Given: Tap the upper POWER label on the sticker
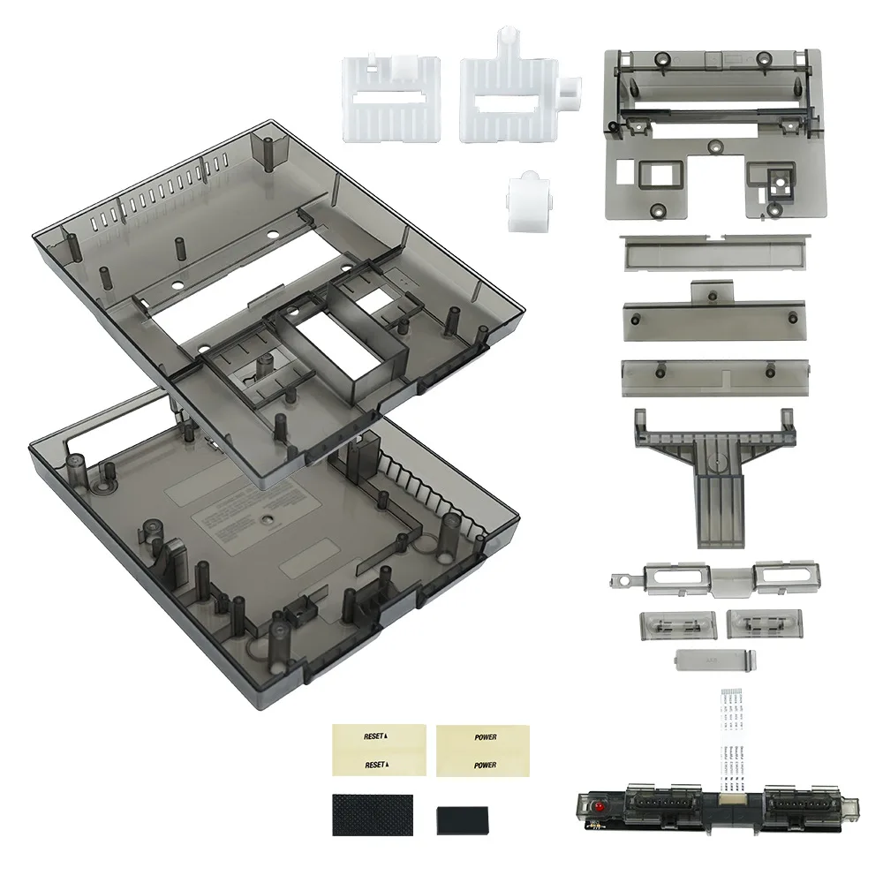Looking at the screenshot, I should pyautogui.click(x=485, y=736).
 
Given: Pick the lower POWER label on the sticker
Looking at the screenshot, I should pyautogui.click(x=485, y=765).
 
